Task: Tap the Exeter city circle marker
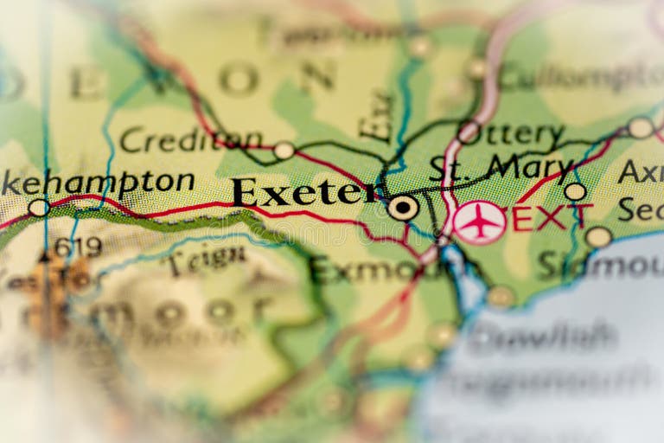[x=402, y=207]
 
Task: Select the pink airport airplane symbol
[x=480, y=222]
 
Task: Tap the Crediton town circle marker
[x=284, y=151]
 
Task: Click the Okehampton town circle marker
[x=38, y=208]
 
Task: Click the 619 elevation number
[x=77, y=247]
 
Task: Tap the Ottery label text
[x=520, y=135]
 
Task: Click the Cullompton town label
[x=579, y=77]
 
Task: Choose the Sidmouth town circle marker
[x=597, y=236]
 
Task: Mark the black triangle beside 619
[x=44, y=256]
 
